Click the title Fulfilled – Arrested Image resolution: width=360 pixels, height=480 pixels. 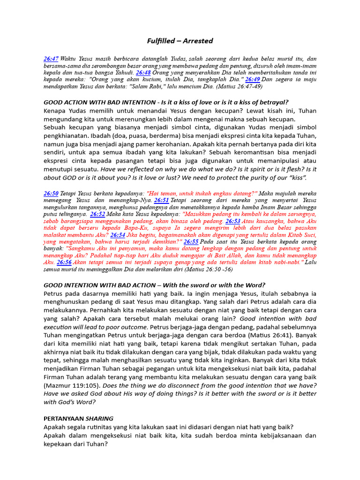[x=180, y=41]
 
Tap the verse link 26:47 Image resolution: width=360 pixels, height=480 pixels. [x=51, y=59]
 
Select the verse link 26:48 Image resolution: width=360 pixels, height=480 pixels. [x=143, y=73]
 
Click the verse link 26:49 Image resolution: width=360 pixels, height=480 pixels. [x=253, y=80]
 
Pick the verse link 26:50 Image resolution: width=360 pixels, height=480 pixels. [x=51, y=193]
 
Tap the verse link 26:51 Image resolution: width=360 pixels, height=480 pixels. [x=162, y=200]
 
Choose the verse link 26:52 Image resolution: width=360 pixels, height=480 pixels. [x=97, y=214]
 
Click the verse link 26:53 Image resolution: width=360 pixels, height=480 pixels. [x=233, y=221]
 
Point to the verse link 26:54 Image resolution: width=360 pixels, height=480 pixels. [x=118, y=234]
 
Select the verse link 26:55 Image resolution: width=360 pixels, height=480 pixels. [x=191, y=241]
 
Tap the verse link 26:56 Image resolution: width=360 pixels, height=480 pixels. [x=64, y=262]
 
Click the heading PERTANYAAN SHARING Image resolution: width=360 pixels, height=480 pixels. [x=78, y=418]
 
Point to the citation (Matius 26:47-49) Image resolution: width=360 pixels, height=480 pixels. [x=234, y=87]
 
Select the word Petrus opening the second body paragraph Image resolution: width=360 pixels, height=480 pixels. [x=54, y=293]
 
